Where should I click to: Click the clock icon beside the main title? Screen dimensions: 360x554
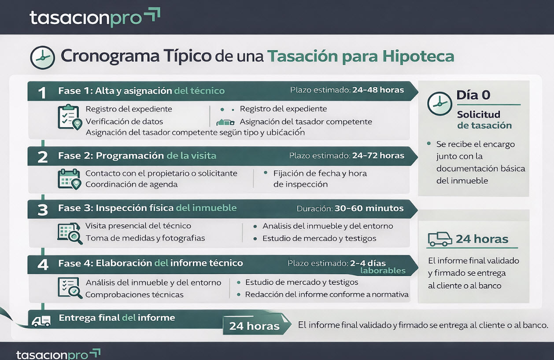coord(42,58)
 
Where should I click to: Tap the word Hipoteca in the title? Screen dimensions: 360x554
coord(418,57)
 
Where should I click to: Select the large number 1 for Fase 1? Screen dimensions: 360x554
coord(42,92)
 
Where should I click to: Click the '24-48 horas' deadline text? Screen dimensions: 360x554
coord(378,90)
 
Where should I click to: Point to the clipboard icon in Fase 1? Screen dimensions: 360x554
coord(69,117)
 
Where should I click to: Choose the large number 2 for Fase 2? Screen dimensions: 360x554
coord(42,157)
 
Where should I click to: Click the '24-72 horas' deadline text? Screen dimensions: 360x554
coord(378,155)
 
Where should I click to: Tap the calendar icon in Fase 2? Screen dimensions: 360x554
coord(69,179)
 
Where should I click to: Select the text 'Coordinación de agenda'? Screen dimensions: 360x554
coord(131,184)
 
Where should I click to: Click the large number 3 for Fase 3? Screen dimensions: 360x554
coord(42,210)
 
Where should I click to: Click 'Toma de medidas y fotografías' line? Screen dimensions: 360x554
coord(145,238)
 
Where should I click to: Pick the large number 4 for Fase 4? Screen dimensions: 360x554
coord(42,264)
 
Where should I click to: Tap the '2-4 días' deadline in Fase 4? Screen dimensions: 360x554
coord(368,263)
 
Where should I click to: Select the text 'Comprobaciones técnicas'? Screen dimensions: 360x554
coord(134,294)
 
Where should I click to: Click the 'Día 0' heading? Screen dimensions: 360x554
coord(473,95)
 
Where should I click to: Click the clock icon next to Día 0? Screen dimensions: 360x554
coord(440,104)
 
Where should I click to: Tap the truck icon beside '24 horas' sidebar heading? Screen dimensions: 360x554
coord(440,239)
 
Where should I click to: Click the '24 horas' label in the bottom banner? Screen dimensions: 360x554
coord(254,326)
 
